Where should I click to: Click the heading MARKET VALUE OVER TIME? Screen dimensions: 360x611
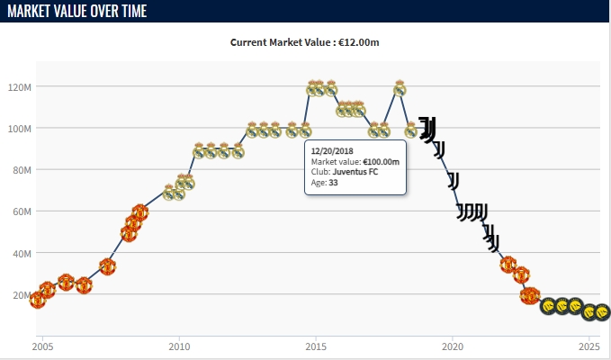coord(76,12)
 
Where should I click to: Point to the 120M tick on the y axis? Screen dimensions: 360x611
coord(21,87)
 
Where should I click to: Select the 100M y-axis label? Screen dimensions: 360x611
coord(21,129)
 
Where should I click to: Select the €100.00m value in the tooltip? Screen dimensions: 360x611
coord(382,161)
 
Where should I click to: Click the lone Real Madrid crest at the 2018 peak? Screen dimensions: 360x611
coord(400,88)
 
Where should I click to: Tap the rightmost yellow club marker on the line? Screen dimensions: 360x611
coord(602,312)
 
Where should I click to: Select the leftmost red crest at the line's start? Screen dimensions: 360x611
coord(38,300)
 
